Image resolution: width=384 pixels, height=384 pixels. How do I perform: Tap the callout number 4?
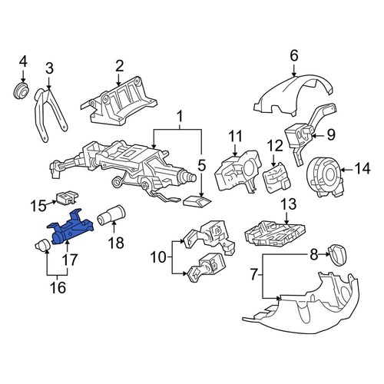click(23, 62)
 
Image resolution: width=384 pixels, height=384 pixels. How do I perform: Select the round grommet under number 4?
click(21, 91)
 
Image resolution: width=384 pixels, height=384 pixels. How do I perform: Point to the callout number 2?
click(119, 66)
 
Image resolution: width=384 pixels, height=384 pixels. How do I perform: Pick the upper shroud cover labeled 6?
click(294, 94)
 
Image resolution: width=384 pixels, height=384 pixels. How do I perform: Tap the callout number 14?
click(362, 169)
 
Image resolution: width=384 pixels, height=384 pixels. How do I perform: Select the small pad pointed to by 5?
click(197, 201)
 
